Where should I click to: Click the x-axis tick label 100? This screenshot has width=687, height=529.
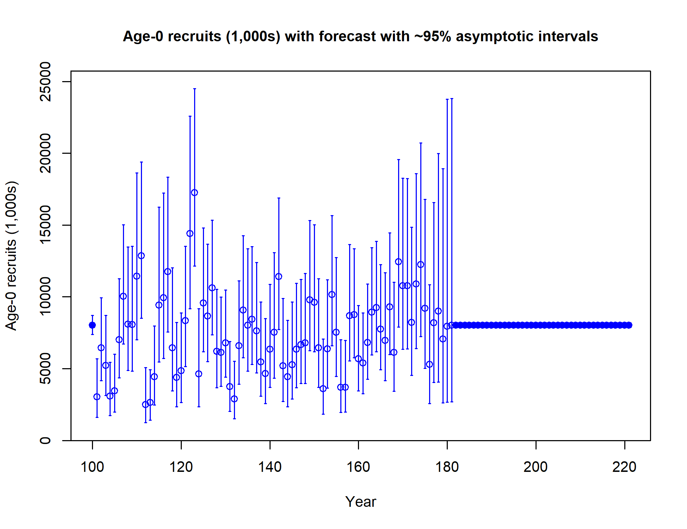point(92,467)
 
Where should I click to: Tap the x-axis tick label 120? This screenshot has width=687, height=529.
point(181,467)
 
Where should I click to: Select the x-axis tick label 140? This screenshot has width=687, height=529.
point(270,467)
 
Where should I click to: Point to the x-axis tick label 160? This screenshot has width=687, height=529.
point(358,467)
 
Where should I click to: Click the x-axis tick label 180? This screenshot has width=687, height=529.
point(447,467)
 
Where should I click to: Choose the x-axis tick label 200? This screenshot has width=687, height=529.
point(536,467)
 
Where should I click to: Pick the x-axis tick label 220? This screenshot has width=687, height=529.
point(624,467)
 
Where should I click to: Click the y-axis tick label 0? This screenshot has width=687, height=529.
point(45,440)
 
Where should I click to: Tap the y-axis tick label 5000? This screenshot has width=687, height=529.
point(45,369)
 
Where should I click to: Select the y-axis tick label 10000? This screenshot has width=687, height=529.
point(45,297)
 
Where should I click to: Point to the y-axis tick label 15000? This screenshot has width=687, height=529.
point(45,225)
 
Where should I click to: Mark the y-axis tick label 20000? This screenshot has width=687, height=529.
point(45,153)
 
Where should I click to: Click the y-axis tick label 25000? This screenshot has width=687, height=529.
point(45,81)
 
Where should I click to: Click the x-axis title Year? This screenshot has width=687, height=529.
point(361,501)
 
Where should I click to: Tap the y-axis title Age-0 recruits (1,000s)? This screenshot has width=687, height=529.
point(11,256)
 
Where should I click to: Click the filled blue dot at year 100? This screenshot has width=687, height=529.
point(92,325)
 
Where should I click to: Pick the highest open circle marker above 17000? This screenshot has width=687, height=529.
point(194,193)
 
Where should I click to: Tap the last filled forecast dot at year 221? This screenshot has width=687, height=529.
point(629,325)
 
